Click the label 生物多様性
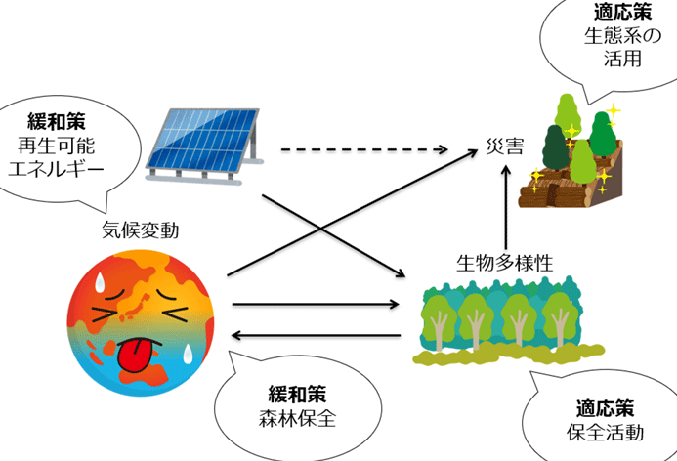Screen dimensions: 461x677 click(505, 263)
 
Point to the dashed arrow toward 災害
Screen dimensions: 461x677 click(361, 150)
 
